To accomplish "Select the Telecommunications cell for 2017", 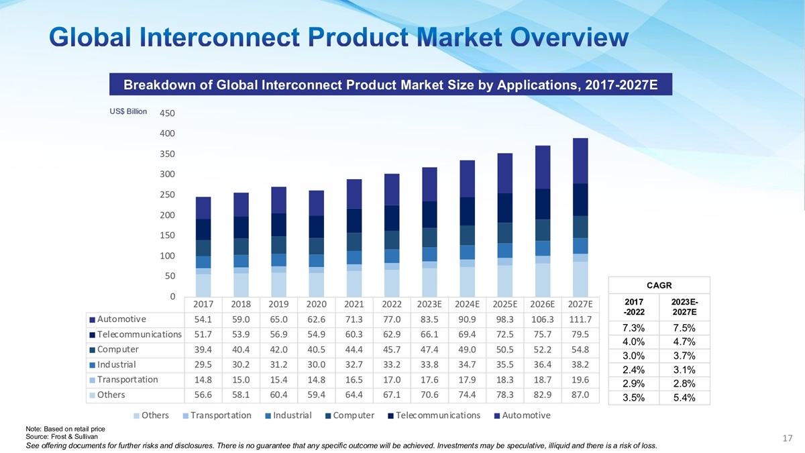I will click(x=203, y=334).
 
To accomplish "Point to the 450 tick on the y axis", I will click(x=167, y=113).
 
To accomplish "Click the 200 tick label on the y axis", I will click(x=167, y=215).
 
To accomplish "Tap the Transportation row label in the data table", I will click(x=127, y=379).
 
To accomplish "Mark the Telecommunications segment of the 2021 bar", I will click(x=354, y=220).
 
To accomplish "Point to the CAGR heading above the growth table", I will click(x=658, y=285).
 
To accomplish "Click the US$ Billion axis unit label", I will click(x=128, y=111).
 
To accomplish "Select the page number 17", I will click(x=788, y=438).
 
